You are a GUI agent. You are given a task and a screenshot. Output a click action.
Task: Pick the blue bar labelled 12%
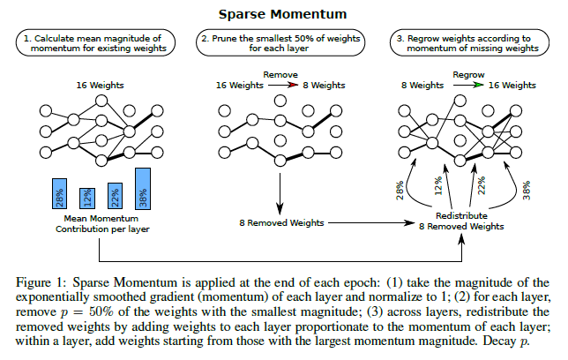pyautogui.click(x=86, y=199)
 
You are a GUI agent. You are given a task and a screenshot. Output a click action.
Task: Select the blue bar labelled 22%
pyautogui.click(x=115, y=197)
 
